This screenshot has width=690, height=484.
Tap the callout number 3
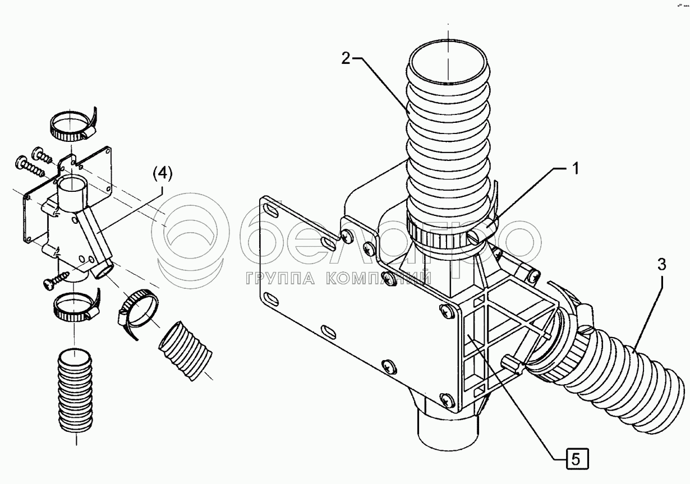point(662,264)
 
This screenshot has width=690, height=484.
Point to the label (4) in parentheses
point(162,174)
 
